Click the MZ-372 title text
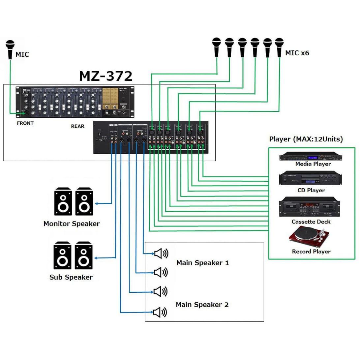[105, 75]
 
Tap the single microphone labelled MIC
[10, 49]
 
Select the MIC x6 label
[297, 53]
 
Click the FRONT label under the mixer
[25, 123]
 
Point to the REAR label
[77, 126]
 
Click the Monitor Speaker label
[72, 224]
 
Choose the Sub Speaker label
[71, 277]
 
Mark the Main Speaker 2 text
[202, 305]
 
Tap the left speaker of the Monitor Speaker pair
[63, 201]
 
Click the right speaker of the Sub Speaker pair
[83, 255]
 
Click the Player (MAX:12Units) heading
[306, 139]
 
